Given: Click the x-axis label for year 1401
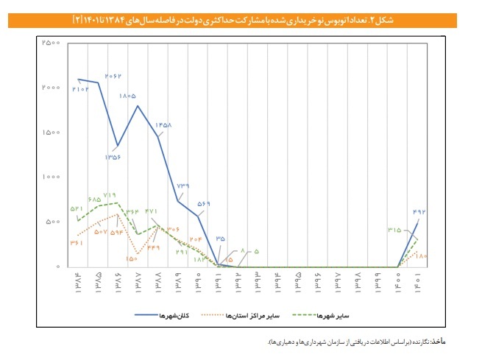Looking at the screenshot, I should click(419, 280).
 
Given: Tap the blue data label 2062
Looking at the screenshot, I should click(113, 76).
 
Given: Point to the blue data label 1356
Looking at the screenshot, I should click(114, 157).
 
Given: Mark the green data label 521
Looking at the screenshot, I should click(77, 210).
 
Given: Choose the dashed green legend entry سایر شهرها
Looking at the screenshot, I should click(337, 316).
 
